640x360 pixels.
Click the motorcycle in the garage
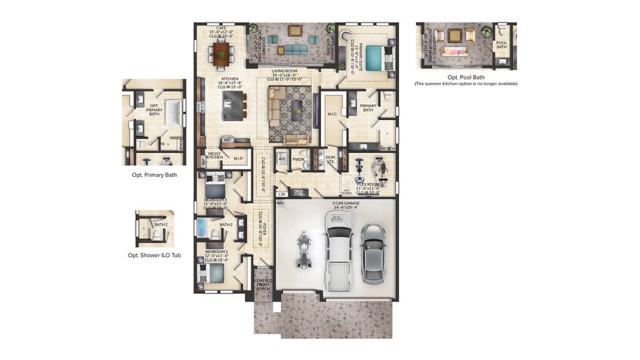tap(304, 251)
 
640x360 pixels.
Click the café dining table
tap(222, 53)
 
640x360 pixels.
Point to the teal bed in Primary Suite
tap(377, 58)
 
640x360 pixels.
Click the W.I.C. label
tap(333, 114)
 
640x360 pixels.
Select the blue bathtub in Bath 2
tap(201, 229)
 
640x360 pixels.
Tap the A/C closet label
tap(282, 159)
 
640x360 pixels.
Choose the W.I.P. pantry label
tap(238, 159)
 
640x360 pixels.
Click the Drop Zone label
tap(299, 193)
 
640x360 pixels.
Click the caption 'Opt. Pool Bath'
tap(466, 77)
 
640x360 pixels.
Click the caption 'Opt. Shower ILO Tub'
tap(154, 255)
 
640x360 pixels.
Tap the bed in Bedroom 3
tap(215, 183)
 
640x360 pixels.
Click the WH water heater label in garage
tap(280, 203)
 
